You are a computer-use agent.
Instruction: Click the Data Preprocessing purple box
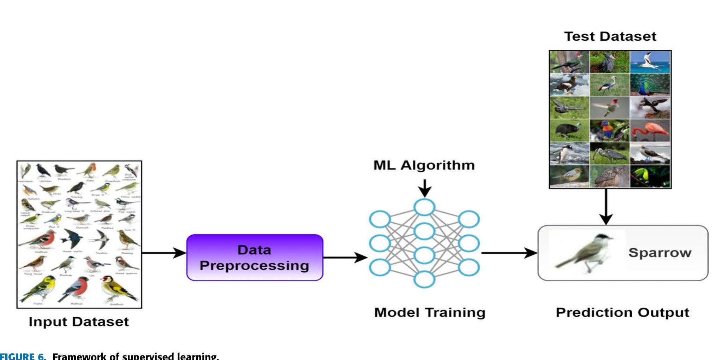255,258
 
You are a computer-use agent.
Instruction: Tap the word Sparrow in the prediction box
660,253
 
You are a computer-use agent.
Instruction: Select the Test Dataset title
610,36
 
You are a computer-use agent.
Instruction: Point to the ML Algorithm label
424,165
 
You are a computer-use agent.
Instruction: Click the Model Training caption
430,312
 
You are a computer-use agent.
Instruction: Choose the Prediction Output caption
622,312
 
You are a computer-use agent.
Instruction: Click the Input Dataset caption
79,321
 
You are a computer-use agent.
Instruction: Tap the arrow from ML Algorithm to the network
425,188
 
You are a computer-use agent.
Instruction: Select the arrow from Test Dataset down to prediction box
606,207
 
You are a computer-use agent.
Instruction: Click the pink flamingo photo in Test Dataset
650,130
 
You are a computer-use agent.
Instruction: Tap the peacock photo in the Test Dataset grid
650,85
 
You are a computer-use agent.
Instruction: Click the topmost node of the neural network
424,207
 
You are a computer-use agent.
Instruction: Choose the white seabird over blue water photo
650,62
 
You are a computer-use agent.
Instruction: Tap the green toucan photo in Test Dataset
650,176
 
